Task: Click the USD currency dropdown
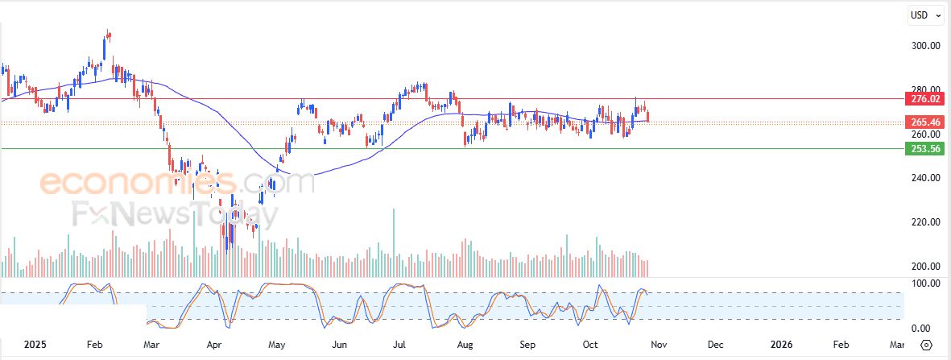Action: (922, 14)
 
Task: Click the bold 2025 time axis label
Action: (35, 345)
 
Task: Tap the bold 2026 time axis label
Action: (781, 345)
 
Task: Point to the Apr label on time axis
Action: (214, 345)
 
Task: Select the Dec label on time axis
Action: (715, 345)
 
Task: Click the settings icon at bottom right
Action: (926, 345)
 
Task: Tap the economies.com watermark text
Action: (177, 184)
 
